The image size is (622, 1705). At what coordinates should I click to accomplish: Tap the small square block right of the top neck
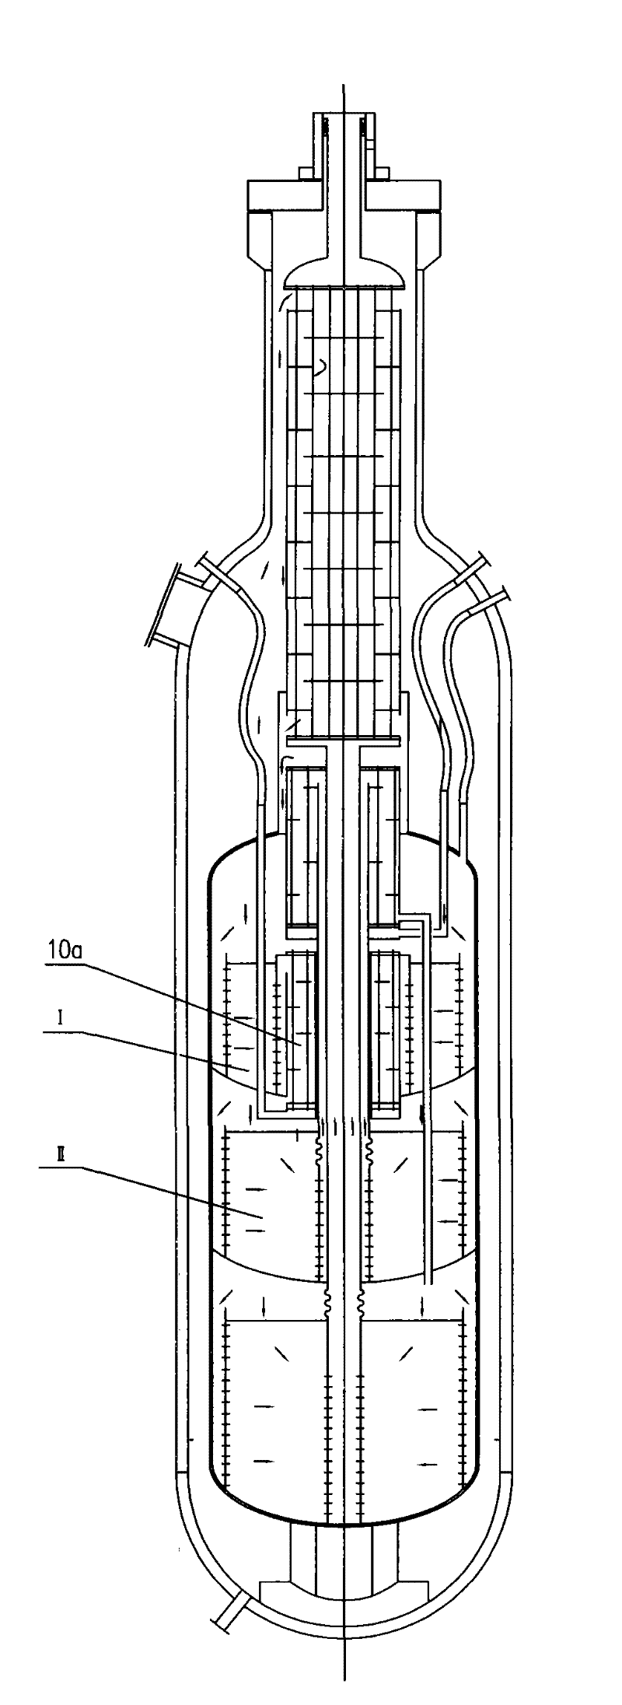click(383, 171)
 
